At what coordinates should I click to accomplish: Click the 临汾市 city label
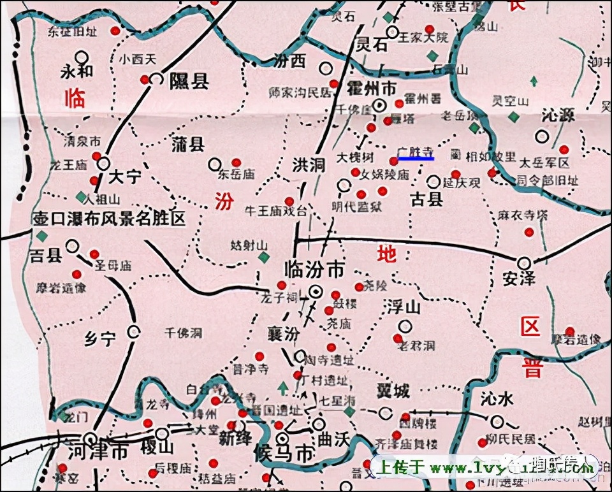tap(314, 270)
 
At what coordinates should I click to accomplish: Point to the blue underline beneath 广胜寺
tap(415, 158)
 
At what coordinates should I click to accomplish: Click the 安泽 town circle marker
tap(524, 262)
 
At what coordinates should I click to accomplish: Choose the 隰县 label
tap(189, 80)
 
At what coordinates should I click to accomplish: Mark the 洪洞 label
tap(309, 164)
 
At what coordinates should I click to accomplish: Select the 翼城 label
tap(392, 391)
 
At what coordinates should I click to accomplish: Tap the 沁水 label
tap(497, 400)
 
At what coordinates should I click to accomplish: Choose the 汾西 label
tap(289, 62)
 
